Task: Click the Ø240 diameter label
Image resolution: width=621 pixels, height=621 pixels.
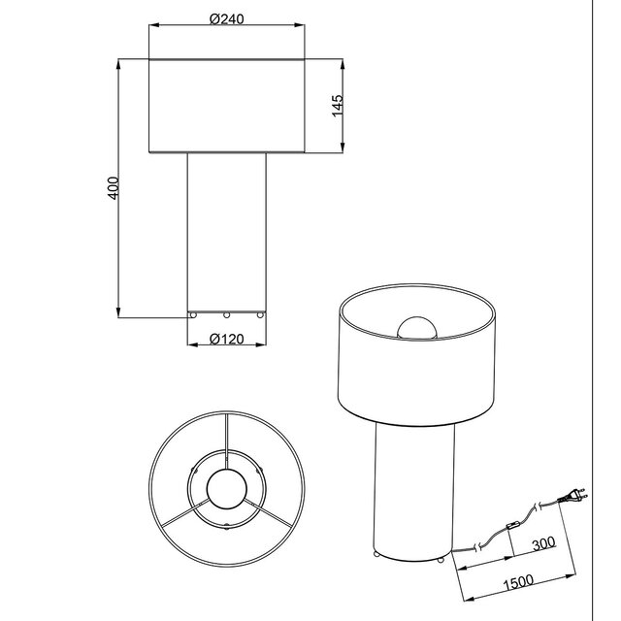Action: [x=225, y=17]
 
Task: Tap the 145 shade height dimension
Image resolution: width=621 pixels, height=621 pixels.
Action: [x=336, y=106]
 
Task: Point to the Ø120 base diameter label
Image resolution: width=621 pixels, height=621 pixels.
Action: [x=226, y=339]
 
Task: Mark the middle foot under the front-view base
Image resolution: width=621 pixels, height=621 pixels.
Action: [x=226, y=315]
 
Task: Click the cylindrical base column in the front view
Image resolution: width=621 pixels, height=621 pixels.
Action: [x=226, y=233]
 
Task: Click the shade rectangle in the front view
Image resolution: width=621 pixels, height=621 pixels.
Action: [x=225, y=107]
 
